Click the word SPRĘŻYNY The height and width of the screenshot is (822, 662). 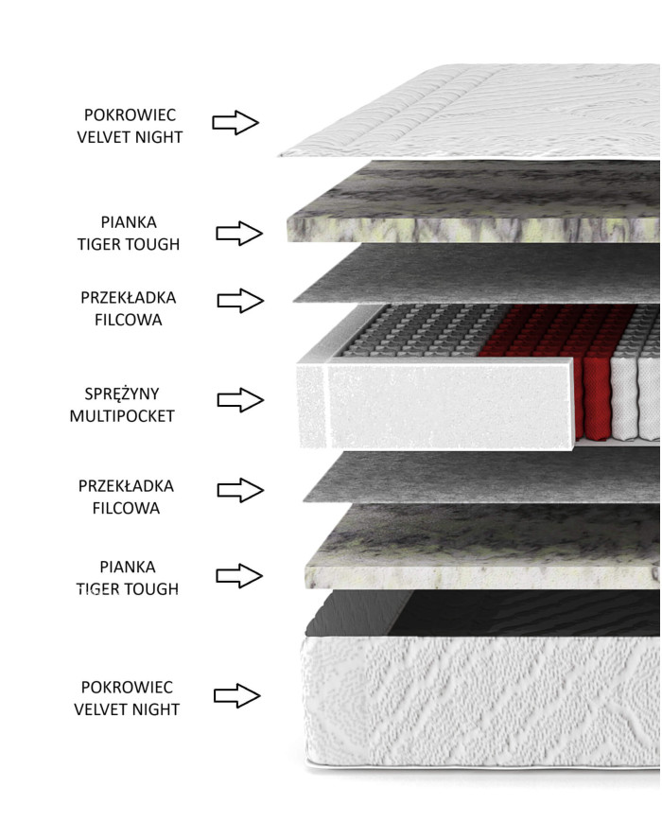coord(122,394)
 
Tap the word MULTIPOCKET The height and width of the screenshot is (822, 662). coord(122,415)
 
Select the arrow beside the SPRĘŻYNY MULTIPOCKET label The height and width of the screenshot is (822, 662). coord(240,400)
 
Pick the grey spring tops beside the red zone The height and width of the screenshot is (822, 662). coord(419,330)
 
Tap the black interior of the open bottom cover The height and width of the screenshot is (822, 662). coord(487,613)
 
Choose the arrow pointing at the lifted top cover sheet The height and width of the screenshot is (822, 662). coord(235,123)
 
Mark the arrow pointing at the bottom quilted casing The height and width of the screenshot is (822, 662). coord(237,696)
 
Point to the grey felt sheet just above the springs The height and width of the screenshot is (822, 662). coord(477,273)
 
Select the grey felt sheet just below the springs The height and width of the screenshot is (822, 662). coord(482,477)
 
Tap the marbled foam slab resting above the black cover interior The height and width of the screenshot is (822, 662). coord(482,548)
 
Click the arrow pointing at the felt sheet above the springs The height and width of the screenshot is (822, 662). coord(240,301)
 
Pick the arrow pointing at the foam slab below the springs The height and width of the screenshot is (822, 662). coord(239,576)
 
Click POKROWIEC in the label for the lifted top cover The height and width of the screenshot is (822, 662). coord(130,114)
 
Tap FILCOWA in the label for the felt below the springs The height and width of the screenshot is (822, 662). coord(127,508)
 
